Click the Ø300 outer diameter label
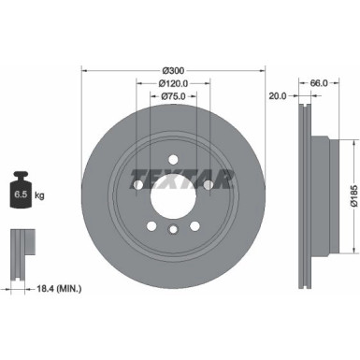point(172,70)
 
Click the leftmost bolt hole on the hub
point(138,182)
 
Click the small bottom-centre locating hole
point(173,230)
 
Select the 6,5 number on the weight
point(18,195)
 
